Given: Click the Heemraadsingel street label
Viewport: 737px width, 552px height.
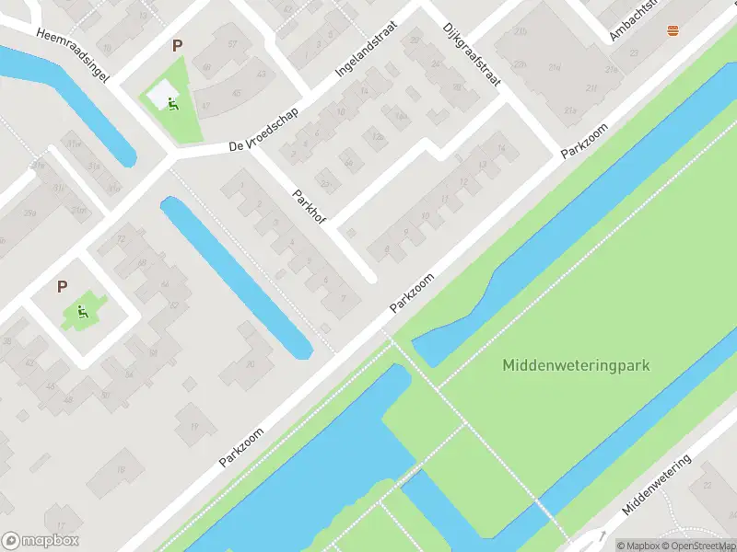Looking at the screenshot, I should pos(73,55).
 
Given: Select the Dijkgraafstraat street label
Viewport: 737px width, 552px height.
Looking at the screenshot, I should pos(471,54).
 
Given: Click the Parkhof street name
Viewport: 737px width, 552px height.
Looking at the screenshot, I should pos(310,211).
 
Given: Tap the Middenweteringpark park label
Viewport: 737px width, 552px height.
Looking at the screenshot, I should pos(576,365).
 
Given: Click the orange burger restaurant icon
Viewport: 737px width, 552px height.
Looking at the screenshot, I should pos(672,30).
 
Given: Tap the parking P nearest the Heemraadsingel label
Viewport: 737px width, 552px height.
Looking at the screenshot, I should pos(177,44).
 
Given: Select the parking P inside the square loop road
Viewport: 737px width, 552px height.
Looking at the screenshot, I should pos(62,286).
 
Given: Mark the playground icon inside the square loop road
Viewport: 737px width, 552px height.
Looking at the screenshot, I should pos(83,311).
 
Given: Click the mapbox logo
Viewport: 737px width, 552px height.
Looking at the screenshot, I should pos(41,541).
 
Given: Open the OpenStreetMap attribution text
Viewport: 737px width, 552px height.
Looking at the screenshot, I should pos(701,545).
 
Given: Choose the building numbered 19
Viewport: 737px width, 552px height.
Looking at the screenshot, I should pos(194,426).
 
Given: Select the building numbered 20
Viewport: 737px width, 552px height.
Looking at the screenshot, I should pos(250,364).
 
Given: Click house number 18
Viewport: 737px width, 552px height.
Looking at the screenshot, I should pos(120,469).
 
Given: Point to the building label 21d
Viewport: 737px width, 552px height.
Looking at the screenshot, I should pos(521,63).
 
